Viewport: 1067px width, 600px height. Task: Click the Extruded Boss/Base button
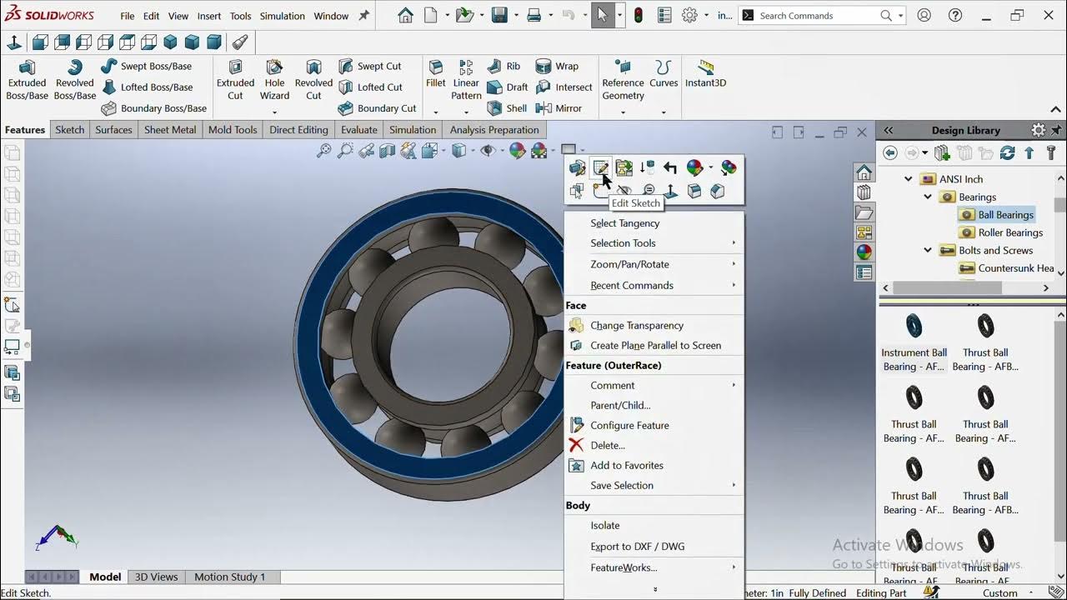tap(27, 81)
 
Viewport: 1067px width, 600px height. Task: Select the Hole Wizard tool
tap(274, 81)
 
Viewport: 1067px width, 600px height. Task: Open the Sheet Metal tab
tap(170, 129)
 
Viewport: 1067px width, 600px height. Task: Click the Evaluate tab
tap(358, 129)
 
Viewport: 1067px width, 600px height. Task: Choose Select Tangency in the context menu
tap(624, 223)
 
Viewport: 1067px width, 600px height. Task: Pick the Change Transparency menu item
tap(636, 326)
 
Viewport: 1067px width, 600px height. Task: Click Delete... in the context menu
tap(607, 446)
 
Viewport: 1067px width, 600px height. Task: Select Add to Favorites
tap(626, 466)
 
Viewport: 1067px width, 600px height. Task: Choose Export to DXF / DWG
tap(637, 547)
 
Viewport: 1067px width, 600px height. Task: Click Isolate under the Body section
tap(604, 526)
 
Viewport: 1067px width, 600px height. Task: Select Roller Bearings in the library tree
tap(1009, 232)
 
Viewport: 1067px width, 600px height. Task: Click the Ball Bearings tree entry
tap(1004, 215)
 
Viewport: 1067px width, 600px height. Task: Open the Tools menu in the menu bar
tap(240, 16)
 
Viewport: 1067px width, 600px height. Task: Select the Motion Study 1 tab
tap(229, 577)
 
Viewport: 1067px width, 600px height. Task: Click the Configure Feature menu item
tap(629, 426)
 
